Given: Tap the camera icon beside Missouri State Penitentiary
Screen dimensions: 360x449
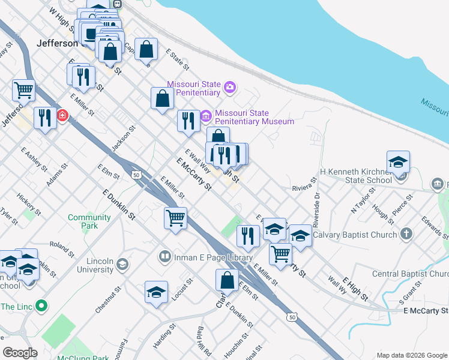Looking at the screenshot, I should (229, 89).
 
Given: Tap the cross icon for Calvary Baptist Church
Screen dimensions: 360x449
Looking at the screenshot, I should (406, 235).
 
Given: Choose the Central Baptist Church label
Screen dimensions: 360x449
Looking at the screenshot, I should (411, 274).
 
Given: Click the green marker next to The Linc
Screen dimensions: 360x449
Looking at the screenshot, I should (41, 306).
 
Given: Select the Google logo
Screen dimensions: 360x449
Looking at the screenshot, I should (20, 352).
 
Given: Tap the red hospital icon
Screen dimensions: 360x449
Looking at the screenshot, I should (62, 115).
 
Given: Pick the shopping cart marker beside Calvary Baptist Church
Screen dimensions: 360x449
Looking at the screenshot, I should (280, 253).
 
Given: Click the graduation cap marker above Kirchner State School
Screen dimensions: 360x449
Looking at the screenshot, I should (398, 162).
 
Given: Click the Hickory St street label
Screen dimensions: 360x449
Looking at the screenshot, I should (29, 203).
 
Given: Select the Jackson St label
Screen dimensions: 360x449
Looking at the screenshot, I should (124, 139).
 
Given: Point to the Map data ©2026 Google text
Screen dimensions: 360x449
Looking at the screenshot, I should (411, 355).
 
